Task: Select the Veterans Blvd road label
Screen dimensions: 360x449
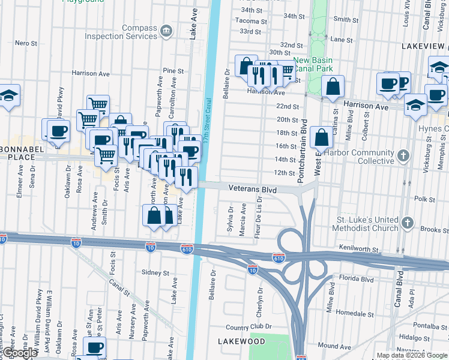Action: (252, 188)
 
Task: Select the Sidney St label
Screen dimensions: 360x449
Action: (155, 272)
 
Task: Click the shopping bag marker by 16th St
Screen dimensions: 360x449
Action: (322, 138)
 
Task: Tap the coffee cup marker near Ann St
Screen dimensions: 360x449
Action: (93, 347)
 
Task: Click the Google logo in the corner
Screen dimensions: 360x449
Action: (20, 353)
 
